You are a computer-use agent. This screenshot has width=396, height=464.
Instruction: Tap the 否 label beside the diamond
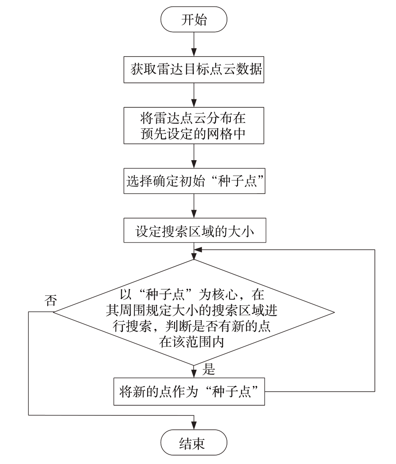(x=51, y=300)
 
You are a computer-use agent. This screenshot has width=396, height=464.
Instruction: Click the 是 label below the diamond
(x=209, y=369)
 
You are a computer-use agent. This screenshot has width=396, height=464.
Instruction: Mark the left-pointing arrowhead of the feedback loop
(x=198, y=250)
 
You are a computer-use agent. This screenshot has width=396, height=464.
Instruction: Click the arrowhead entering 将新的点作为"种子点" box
(x=194, y=374)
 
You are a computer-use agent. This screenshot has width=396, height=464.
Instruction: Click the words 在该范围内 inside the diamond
(x=191, y=342)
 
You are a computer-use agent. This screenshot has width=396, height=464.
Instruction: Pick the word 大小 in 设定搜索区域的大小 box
(x=241, y=231)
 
